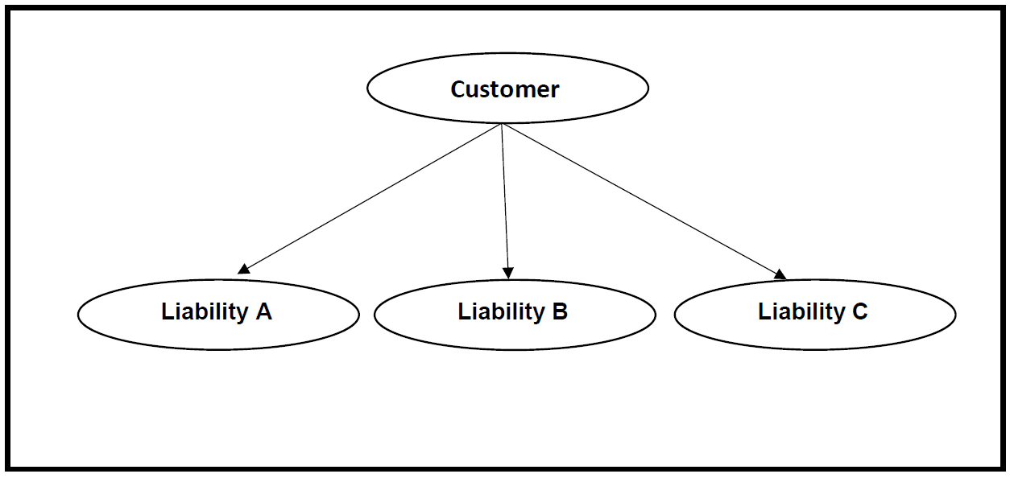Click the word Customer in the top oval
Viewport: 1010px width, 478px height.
pyautogui.click(x=504, y=89)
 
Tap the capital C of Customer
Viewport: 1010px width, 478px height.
pyautogui.click(x=458, y=89)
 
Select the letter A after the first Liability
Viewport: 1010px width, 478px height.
pyautogui.click(x=263, y=311)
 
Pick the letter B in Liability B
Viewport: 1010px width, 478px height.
pyautogui.click(x=560, y=311)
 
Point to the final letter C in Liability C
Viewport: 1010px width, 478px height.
pyautogui.click(x=859, y=311)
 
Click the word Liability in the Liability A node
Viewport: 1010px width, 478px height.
pyautogui.click(x=205, y=312)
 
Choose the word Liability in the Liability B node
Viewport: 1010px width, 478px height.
pyautogui.click(x=501, y=312)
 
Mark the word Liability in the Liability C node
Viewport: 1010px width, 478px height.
pyautogui.click(x=801, y=312)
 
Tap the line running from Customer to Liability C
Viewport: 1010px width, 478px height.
pyautogui.click(x=644, y=201)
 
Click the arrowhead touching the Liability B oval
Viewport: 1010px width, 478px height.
pyautogui.click(x=507, y=273)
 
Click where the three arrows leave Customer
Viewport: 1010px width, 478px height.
pyautogui.click(x=502, y=125)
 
